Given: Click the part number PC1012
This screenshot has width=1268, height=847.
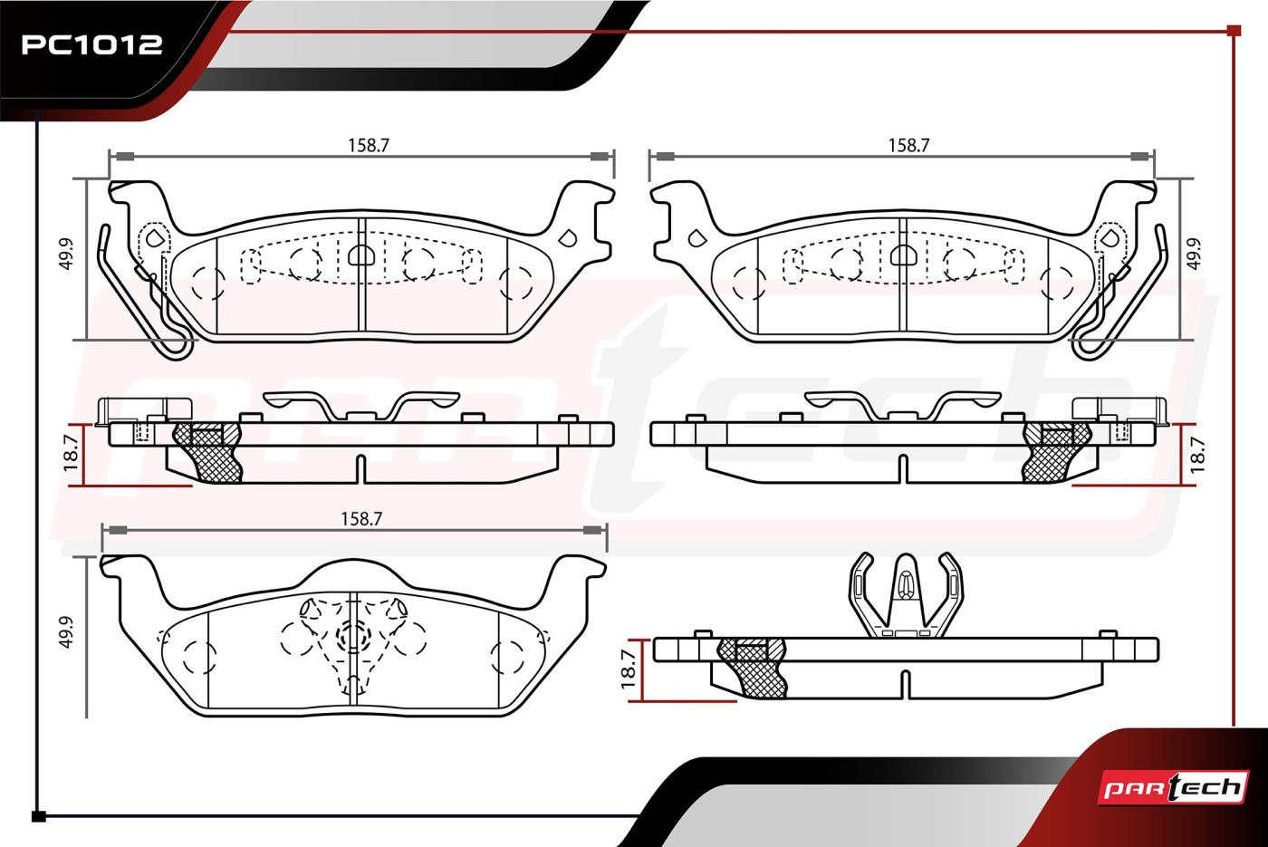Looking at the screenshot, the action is point(91,44).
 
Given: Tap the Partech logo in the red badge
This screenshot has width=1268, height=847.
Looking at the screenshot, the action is point(1173,787).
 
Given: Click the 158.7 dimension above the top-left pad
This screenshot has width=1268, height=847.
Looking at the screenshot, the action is point(369,146).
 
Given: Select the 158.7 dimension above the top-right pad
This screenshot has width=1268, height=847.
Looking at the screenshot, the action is point(908,146).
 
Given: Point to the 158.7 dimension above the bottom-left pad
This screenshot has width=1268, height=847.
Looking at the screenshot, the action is point(361,518).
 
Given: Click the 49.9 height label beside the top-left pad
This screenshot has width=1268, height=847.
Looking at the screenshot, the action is point(66,255).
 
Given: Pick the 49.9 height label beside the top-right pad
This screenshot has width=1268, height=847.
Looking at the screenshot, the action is point(1194,255).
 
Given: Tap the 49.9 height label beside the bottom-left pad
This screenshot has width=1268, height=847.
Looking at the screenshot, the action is point(66,632).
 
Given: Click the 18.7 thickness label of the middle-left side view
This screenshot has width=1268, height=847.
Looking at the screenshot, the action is point(71,453).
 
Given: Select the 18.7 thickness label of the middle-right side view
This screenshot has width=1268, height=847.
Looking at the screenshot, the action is point(1196,455).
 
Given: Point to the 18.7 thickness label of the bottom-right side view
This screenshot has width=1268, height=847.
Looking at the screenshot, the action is point(629,669).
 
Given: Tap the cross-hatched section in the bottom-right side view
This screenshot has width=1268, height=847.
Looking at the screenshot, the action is point(753,669).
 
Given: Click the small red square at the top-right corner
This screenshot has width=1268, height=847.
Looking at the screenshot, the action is point(1234,31).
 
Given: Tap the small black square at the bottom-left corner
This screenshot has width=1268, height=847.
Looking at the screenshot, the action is point(38,816).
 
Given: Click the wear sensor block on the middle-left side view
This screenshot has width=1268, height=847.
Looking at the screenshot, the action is point(144,411).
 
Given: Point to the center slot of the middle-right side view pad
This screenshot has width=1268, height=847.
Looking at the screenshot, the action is point(904,469).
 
